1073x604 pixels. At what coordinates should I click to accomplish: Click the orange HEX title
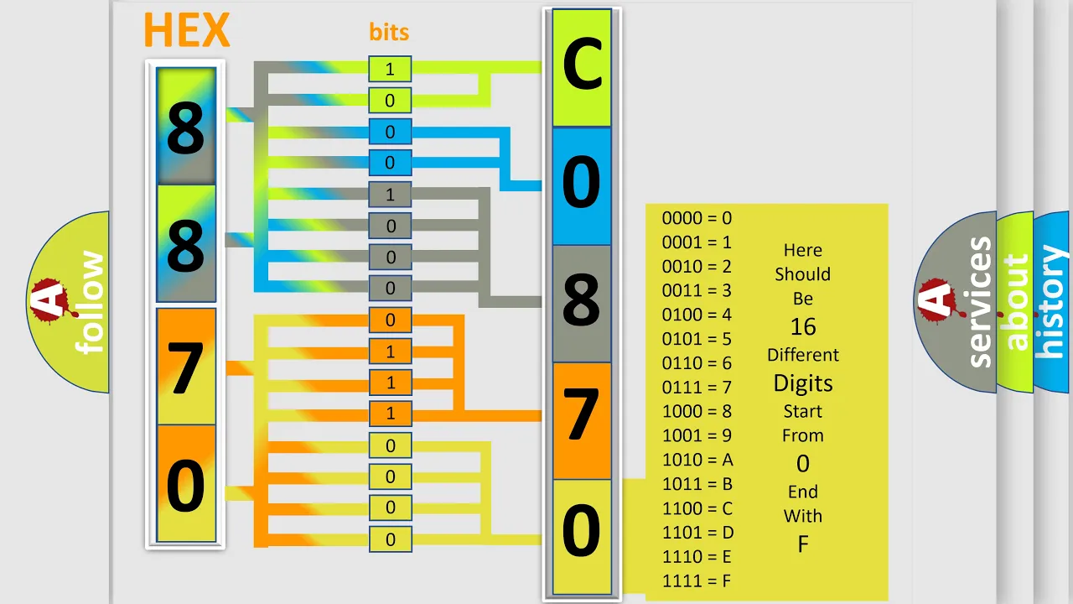187,29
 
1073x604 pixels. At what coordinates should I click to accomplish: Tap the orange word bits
389,32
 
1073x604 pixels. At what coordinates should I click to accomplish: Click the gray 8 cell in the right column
582,304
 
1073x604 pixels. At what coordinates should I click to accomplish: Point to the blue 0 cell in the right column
582,186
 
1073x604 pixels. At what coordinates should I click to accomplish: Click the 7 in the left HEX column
185,368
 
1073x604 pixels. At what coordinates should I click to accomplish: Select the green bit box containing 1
390,69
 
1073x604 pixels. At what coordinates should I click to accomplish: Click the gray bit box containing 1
390,194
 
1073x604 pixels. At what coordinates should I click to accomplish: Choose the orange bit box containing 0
390,320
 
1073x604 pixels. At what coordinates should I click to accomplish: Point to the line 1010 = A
697,460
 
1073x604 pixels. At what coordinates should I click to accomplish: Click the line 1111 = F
697,581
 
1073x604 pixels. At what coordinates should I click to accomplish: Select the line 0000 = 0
697,218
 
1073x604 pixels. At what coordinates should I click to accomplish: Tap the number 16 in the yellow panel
803,327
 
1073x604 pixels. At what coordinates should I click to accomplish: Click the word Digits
803,383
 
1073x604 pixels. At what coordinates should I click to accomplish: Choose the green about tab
1015,302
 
